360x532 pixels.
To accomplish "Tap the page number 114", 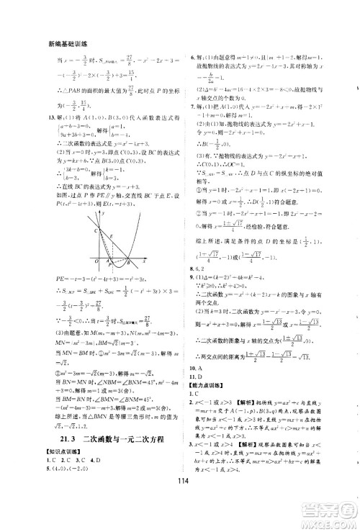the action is pyautogui.click(x=181, y=501).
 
